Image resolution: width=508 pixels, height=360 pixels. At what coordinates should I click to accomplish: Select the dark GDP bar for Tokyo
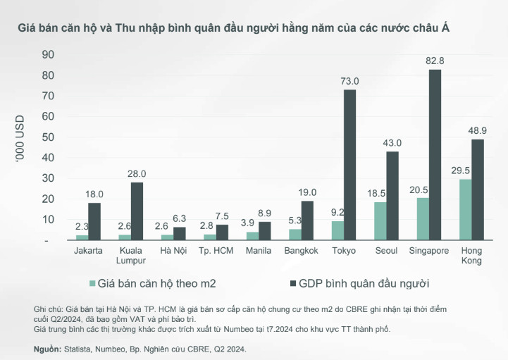(x=349, y=165)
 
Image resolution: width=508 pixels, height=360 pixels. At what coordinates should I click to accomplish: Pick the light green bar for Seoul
(x=379, y=221)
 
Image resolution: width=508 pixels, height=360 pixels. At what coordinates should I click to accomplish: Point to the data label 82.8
(x=434, y=61)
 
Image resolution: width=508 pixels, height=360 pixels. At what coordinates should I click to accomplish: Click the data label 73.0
(x=350, y=81)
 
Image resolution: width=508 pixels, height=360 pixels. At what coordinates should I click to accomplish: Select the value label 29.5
(x=461, y=170)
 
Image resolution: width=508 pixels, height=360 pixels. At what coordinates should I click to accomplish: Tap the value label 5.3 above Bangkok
(x=295, y=221)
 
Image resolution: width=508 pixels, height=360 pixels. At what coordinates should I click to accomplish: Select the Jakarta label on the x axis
(x=89, y=251)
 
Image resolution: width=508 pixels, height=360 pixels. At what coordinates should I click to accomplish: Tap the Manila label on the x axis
(x=258, y=251)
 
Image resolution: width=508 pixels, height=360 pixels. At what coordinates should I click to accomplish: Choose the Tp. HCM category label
(x=216, y=251)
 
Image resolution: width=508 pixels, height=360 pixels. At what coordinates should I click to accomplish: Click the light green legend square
(x=92, y=283)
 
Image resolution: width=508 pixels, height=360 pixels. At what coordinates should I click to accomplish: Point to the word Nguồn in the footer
(x=47, y=349)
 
